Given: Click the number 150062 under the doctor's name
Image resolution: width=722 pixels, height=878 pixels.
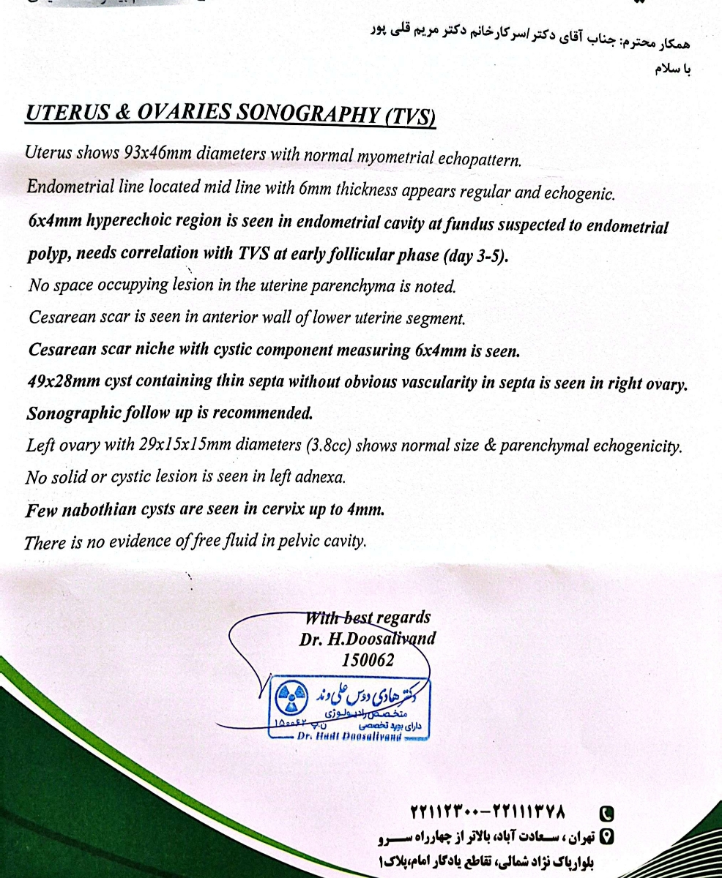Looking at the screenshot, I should [x=368, y=660].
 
